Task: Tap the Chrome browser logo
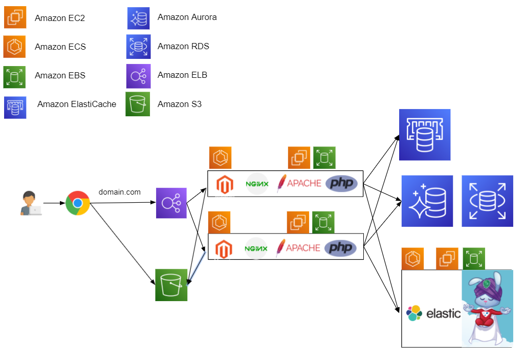(78, 203)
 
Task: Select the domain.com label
(120, 192)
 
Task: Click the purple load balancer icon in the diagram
(171, 203)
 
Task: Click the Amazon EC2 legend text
(60, 18)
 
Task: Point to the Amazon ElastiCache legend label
(77, 104)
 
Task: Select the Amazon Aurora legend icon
(138, 18)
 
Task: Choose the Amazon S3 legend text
(180, 104)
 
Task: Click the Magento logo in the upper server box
(224, 184)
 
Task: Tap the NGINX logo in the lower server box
(256, 248)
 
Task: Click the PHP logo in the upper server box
(341, 183)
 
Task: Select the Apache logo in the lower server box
(299, 248)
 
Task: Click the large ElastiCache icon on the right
(425, 135)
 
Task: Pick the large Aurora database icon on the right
(427, 201)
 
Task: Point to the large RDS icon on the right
(487, 201)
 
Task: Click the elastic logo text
(444, 313)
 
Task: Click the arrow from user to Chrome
(53, 203)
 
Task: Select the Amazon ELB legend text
(182, 75)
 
